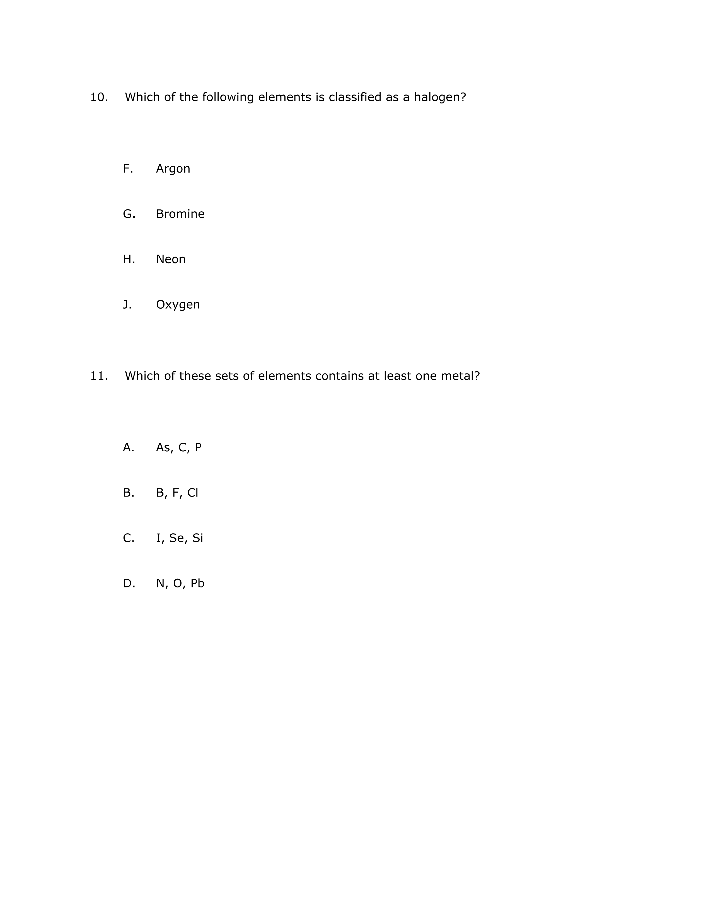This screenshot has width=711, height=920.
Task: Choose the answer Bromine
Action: [x=180, y=214]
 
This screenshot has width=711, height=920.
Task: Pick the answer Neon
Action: [x=171, y=259]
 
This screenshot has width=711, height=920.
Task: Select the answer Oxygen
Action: [x=178, y=304]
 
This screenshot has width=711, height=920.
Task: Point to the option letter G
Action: [x=129, y=214]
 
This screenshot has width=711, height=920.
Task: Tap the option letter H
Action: [x=129, y=259]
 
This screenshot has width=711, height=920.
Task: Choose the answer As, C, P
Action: [x=179, y=447]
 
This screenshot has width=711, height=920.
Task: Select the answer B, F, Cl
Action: [x=177, y=493]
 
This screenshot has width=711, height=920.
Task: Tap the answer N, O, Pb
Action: [x=180, y=584]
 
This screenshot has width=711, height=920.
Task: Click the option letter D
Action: [x=129, y=584]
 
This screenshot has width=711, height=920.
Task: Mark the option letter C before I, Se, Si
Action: [x=128, y=538]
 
